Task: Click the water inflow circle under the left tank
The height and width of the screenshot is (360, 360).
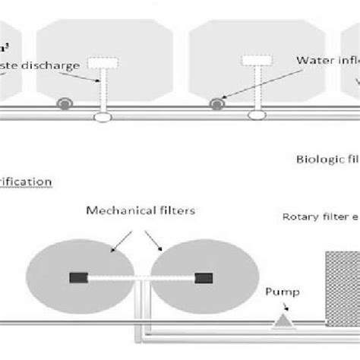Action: [x=66, y=101]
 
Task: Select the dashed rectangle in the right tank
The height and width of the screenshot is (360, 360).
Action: [x=252, y=60]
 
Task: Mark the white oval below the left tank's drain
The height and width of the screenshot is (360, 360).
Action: [x=101, y=117]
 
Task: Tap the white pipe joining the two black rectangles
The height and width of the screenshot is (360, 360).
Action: [x=141, y=277]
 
